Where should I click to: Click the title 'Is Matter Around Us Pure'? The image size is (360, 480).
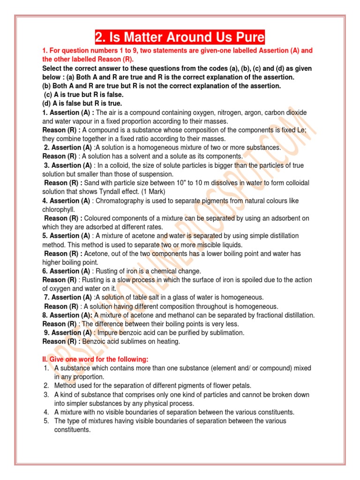click(x=180, y=37)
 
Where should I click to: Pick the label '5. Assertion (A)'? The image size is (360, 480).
click(x=67, y=236)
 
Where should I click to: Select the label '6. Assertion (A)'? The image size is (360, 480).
click(x=67, y=271)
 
